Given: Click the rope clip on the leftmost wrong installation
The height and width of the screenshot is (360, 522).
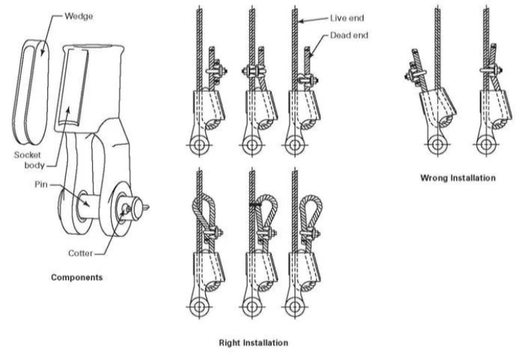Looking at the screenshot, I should tap(417, 72).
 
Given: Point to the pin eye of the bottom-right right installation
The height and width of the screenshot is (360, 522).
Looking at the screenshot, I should tap(294, 307).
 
